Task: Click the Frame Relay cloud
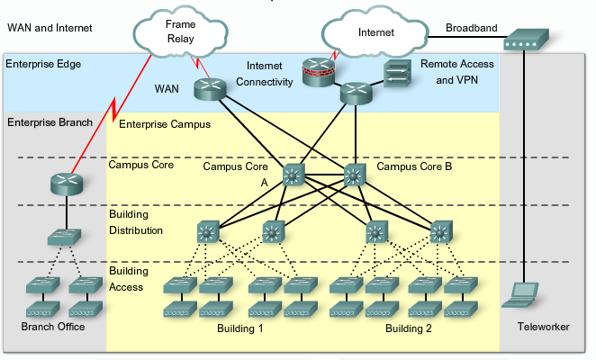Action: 180,32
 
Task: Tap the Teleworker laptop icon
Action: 523,293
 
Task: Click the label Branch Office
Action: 53,327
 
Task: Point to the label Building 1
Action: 239,328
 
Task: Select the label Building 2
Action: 409,328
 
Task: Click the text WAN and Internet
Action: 50,28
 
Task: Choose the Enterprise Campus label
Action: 165,123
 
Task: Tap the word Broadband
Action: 471,28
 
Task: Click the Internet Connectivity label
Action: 266,75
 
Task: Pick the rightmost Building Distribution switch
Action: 439,232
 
